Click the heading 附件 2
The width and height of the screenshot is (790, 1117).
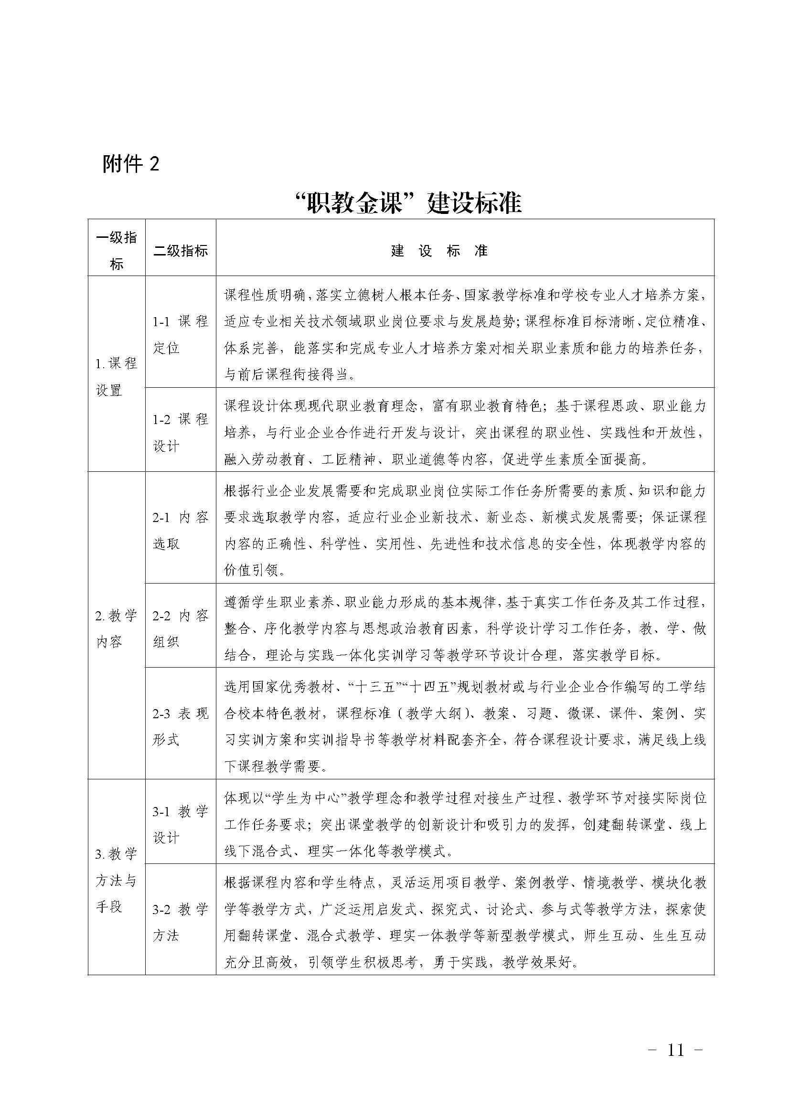coord(130,164)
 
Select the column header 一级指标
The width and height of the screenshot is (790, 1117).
coord(117,251)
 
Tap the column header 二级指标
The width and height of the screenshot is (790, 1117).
coord(181,251)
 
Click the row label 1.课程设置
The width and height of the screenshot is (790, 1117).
coord(117,376)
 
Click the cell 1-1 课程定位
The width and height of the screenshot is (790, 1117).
coord(181,335)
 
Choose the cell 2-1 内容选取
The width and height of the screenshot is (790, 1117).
coord(181,531)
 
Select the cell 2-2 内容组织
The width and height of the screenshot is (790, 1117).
coord(181,628)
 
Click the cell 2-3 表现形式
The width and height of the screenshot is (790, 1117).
coord(181,727)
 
